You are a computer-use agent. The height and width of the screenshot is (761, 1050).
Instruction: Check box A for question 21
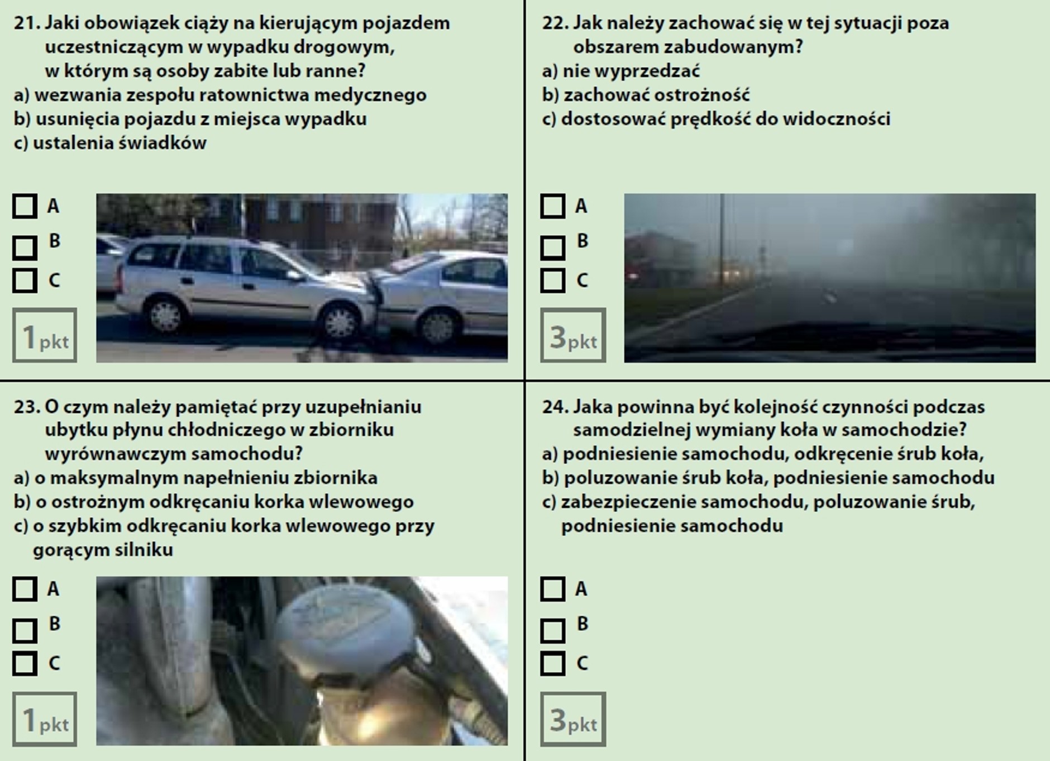25,206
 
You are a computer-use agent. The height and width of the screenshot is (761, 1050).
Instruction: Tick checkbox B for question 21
25,247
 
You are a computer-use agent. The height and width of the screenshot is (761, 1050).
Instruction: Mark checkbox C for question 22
553,280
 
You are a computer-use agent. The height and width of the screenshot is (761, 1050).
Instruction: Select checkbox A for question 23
25,589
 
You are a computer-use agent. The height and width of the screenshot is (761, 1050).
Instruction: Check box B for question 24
553,631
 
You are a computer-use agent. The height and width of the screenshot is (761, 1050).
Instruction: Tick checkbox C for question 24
553,664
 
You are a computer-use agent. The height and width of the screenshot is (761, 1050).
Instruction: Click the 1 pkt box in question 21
45,335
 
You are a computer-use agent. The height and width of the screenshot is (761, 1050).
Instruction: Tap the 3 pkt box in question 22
573,335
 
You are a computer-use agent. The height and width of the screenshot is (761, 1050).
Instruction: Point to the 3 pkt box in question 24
573,719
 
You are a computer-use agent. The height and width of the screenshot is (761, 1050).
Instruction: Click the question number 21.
26,23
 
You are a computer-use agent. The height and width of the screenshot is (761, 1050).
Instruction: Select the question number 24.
555,407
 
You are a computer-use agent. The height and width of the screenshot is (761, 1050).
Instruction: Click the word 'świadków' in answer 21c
163,143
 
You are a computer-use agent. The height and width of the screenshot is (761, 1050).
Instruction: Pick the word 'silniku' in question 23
145,550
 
